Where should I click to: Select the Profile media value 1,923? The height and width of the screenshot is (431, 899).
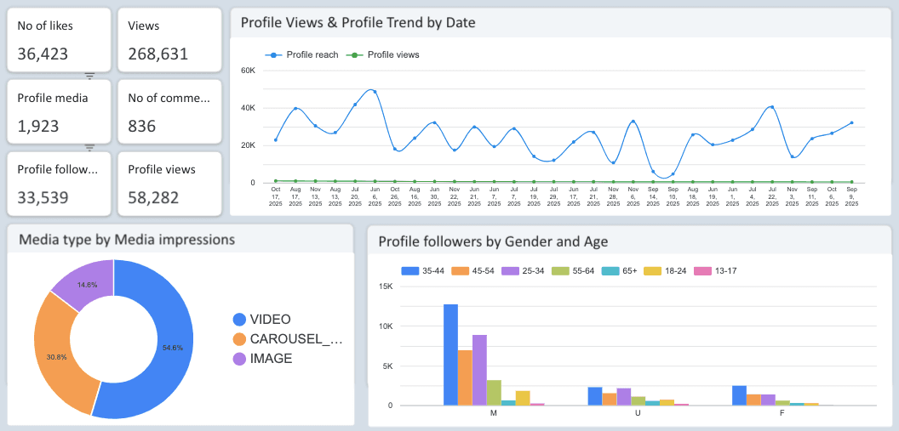38,126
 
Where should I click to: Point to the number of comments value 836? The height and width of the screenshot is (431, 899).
142,126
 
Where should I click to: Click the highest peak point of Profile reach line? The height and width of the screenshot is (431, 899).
374,91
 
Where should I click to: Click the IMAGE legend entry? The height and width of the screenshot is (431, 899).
271,359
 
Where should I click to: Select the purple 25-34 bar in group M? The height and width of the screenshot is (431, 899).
479,370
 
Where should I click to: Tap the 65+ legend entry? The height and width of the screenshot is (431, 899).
624,271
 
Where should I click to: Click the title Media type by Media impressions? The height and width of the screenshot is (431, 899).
127,240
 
